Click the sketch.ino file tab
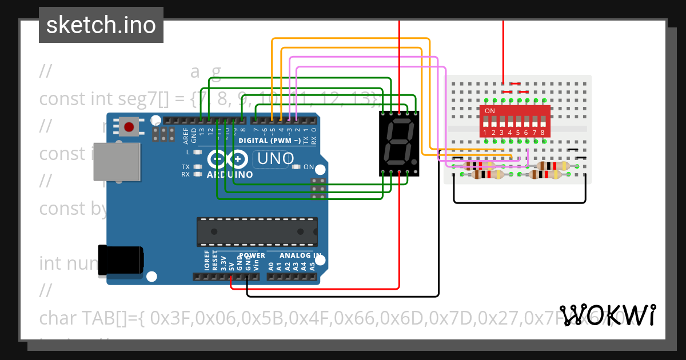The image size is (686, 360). [101, 25]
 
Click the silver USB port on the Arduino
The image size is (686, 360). [117, 162]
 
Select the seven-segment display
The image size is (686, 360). [399, 143]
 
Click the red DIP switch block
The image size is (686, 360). [515, 121]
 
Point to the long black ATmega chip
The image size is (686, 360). [257, 231]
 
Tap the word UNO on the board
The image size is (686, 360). [276, 159]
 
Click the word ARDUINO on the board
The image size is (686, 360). [230, 174]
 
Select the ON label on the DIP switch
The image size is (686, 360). [490, 110]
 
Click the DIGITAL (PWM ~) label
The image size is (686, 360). [269, 141]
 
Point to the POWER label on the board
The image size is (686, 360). [252, 255]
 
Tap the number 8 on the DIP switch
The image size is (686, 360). [543, 133]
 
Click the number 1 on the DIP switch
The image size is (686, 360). [485, 133]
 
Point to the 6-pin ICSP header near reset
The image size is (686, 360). [163, 134]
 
